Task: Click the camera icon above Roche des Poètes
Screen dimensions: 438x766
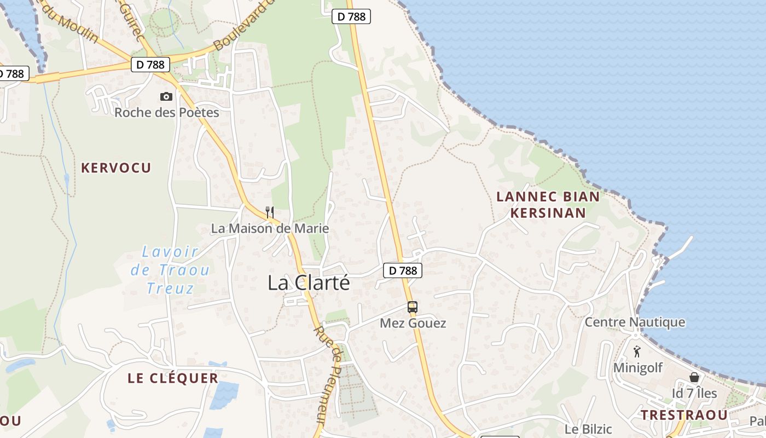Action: [166, 97]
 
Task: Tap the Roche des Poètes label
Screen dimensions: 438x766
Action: [166, 113]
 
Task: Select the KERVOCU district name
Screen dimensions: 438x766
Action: [116, 168]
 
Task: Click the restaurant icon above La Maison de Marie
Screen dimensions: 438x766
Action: [269, 212]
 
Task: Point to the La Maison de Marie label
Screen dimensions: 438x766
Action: [270, 228]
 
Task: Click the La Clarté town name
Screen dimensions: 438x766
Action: [309, 283]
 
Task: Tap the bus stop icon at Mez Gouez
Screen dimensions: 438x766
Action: [413, 307]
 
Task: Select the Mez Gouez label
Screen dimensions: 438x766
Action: [413, 324]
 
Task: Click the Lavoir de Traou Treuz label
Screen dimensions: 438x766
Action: [170, 270]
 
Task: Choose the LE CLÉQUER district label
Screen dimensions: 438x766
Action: [173, 378]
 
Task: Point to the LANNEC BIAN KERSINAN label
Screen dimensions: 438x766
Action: [548, 205]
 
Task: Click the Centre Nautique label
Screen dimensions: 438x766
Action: [635, 322]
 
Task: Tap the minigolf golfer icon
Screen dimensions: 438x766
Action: [636, 351]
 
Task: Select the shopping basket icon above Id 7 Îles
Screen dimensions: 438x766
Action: [694, 377]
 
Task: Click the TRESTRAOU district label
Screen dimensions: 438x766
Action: [684, 415]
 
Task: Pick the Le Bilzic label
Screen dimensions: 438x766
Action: [588, 429]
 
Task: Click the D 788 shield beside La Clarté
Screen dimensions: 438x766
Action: [403, 270]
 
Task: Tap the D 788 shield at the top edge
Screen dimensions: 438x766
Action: [351, 16]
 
